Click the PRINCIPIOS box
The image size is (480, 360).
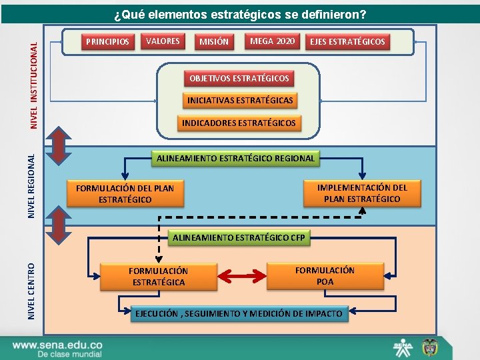click(x=107, y=42)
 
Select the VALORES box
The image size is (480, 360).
click(x=163, y=41)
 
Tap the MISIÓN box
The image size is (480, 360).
click(x=213, y=42)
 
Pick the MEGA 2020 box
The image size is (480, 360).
click(x=272, y=41)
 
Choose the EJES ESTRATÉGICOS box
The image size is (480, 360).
click(x=347, y=42)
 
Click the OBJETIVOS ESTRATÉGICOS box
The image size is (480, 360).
click(x=239, y=79)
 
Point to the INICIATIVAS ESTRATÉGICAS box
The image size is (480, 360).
click(x=239, y=101)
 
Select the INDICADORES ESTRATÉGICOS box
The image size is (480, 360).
click(x=239, y=123)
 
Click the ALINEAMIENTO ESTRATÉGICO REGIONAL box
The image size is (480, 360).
click(x=235, y=159)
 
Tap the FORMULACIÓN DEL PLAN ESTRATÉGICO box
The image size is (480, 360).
click(x=125, y=194)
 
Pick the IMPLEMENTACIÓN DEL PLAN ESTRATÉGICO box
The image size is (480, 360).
click(x=362, y=193)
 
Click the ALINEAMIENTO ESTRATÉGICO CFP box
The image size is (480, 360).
click(x=238, y=237)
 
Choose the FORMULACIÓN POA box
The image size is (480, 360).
click(x=325, y=276)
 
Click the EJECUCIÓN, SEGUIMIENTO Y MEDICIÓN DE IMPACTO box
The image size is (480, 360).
click(x=239, y=313)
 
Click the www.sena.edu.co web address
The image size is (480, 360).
click(x=57, y=345)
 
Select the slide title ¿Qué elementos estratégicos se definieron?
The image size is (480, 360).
click(x=240, y=14)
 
